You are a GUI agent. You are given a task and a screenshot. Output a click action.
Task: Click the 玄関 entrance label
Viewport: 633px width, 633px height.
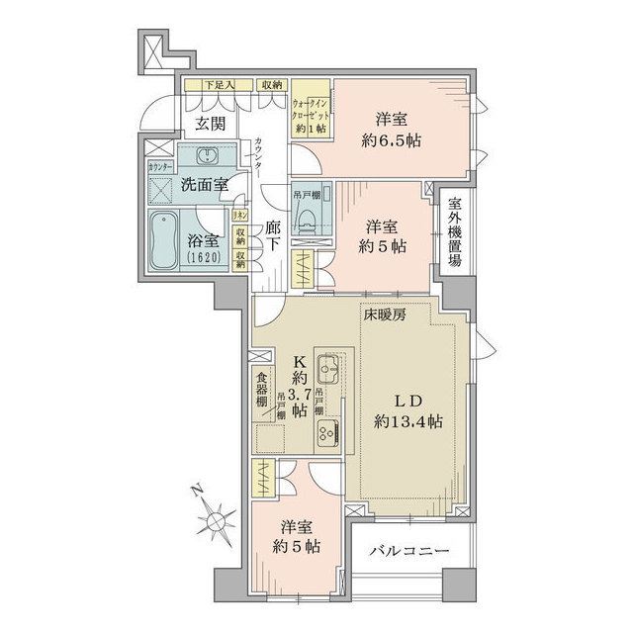208,124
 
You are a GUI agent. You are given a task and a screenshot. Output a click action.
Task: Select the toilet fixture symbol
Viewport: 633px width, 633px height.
306,222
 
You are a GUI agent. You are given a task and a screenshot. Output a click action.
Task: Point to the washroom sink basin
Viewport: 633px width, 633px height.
208,156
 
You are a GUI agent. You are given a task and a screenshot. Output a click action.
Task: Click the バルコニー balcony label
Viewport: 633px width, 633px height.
411,551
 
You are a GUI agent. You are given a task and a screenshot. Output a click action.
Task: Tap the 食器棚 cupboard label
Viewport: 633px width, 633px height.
261,389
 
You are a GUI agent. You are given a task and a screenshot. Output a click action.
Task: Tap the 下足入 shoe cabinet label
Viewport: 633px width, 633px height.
218,86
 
